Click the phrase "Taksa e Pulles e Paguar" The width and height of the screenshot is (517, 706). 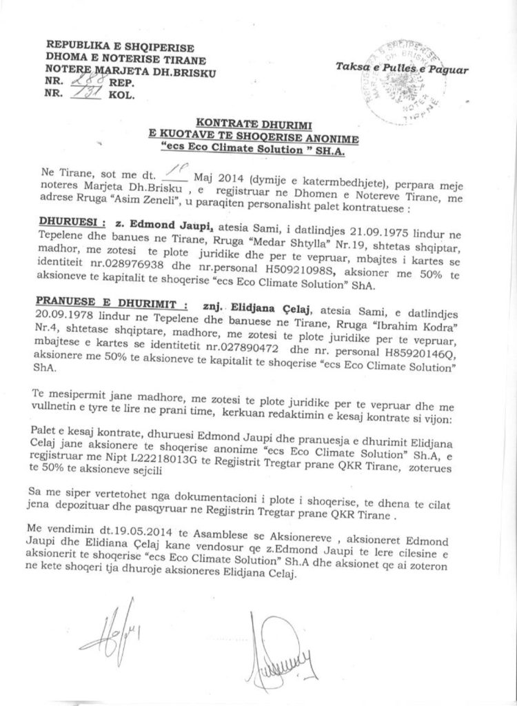point(403,69)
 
